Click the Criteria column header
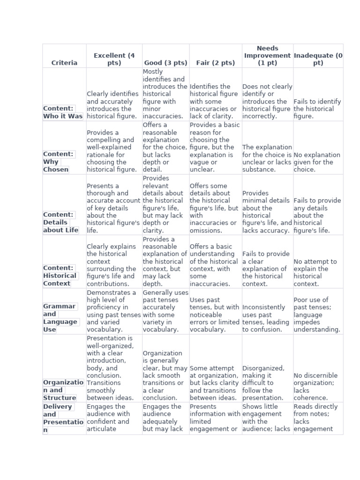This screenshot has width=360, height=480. (64, 63)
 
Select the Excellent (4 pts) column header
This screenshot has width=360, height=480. (114, 59)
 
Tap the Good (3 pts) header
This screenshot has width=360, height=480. (165, 63)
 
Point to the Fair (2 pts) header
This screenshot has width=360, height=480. (215, 63)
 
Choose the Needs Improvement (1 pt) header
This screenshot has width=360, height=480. (267, 55)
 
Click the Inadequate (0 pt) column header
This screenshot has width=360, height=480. (318, 59)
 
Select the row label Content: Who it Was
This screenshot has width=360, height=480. (63, 112)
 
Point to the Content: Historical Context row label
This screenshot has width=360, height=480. (60, 276)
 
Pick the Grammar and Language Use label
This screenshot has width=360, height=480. (60, 318)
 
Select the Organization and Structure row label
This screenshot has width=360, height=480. (63, 390)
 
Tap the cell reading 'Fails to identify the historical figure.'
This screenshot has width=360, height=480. (317, 109)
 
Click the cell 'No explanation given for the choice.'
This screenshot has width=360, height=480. (317, 162)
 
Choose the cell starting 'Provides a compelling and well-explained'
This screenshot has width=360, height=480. (113, 151)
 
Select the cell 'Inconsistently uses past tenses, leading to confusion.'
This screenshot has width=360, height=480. (267, 318)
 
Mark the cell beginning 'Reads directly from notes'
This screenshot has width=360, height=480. (318, 418)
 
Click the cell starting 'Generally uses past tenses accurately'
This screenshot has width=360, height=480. (165, 311)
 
